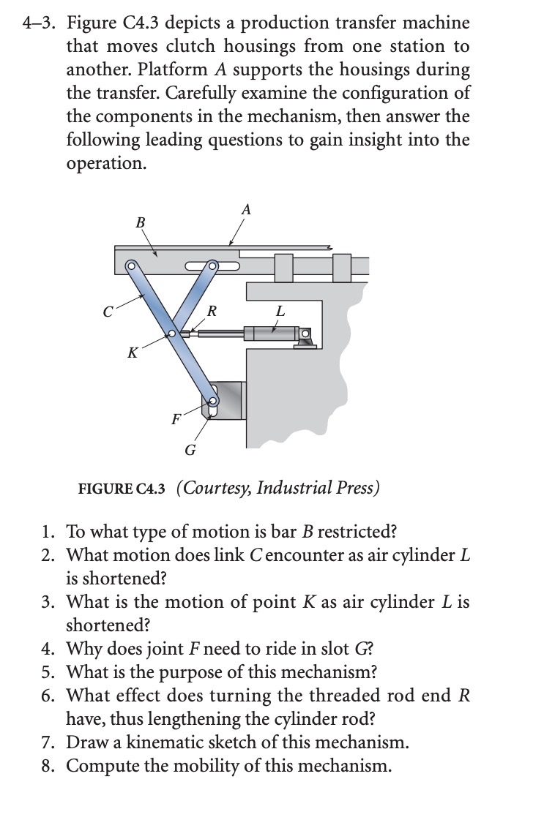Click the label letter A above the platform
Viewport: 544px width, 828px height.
pyautogui.click(x=246, y=210)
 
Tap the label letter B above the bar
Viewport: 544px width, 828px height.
pyautogui.click(x=141, y=221)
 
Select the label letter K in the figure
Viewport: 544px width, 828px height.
pyautogui.click(x=132, y=354)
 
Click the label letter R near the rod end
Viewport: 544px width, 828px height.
pyautogui.click(x=212, y=310)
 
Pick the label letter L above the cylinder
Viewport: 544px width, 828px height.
pyautogui.click(x=279, y=310)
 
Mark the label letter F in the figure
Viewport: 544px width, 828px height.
pyautogui.click(x=174, y=420)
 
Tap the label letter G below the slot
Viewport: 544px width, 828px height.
pyautogui.click(x=190, y=450)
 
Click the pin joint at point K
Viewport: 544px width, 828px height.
pyautogui.click(x=172, y=334)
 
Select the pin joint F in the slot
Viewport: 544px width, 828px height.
pyautogui.click(x=213, y=400)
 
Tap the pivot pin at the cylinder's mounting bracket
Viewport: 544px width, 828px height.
pyautogui.click(x=306, y=336)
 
